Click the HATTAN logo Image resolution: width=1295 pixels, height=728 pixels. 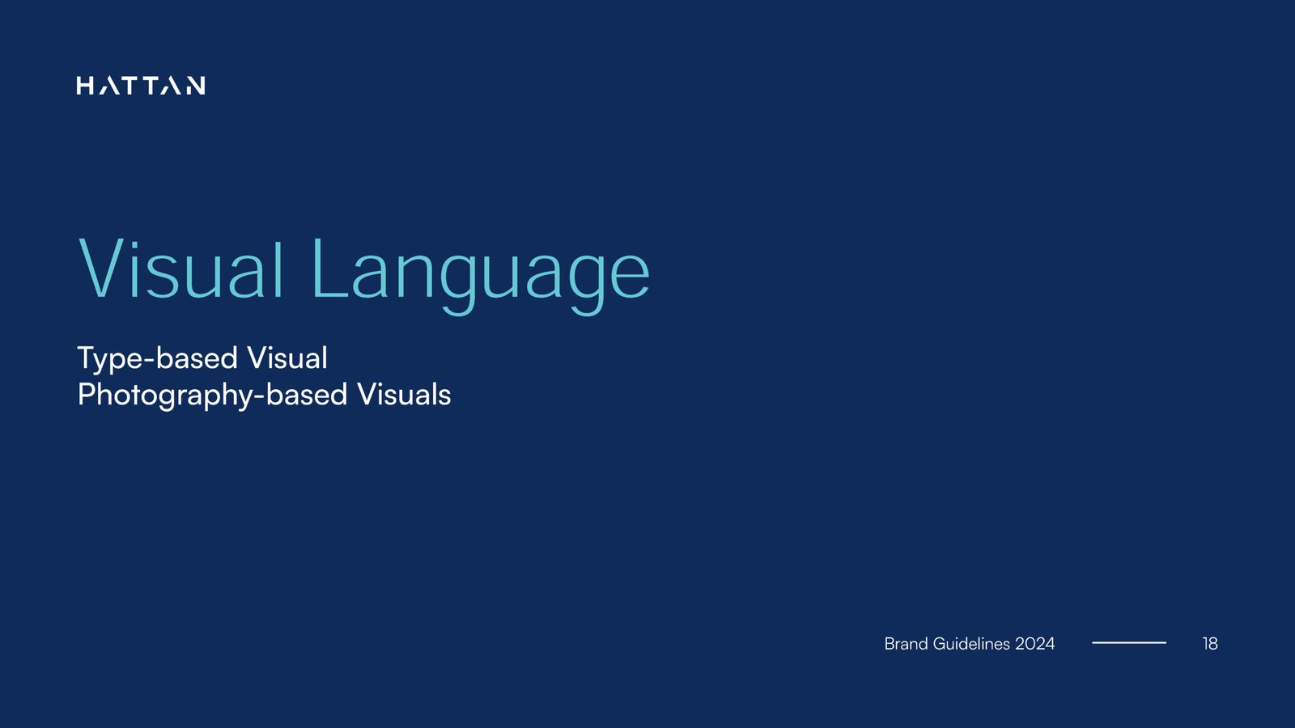pos(141,86)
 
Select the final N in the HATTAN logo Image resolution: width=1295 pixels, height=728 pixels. pos(195,86)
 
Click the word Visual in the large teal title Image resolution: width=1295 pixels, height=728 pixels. pos(181,269)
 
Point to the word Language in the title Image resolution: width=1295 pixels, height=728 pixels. pos(481,276)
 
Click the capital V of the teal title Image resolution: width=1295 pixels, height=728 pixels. pos(106,269)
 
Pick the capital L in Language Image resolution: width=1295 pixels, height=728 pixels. pos(329,269)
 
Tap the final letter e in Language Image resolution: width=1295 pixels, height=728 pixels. pos(630,278)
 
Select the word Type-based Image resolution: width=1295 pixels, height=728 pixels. pos(157,359)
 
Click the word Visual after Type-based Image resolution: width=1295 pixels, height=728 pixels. pos(287,358)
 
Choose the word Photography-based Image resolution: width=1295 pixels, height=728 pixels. pos(212,396)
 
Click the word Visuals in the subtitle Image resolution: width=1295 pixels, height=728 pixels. pos(404,395)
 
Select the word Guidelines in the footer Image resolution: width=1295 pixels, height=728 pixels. pos(971,644)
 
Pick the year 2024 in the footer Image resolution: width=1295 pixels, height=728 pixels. pos(1035,644)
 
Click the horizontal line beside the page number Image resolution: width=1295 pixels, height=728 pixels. pos(1129,642)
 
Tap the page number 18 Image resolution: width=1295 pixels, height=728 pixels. pos(1210,644)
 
